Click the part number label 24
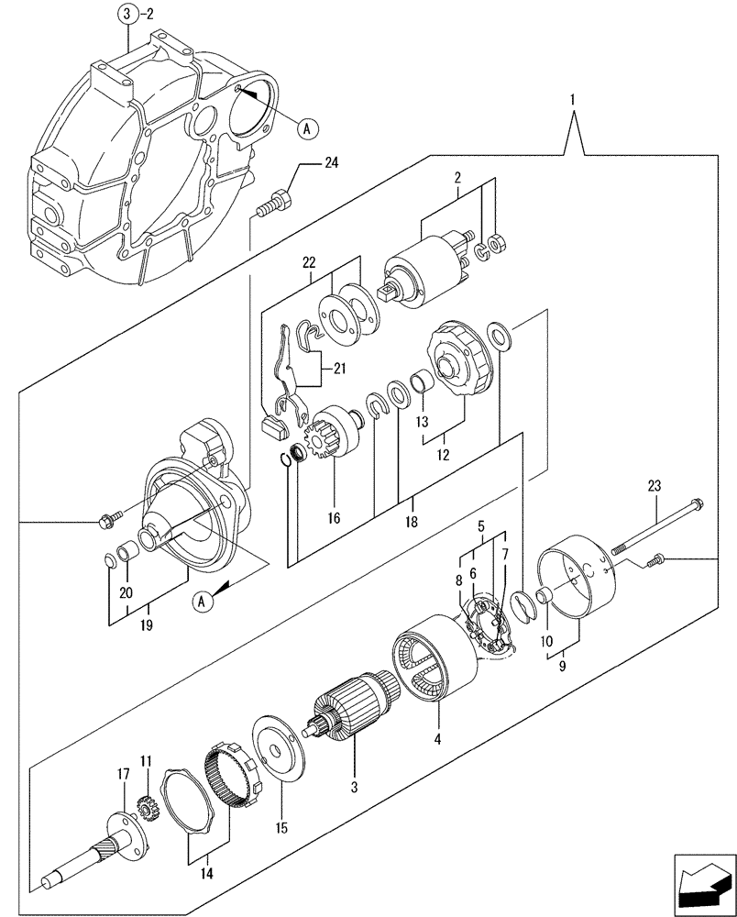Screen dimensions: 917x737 click(x=330, y=164)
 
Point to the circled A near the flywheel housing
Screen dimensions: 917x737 click(x=308, y=130)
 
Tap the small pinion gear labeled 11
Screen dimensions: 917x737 click(x=145, y=809)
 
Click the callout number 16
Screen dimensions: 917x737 click(x=333, y=519)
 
